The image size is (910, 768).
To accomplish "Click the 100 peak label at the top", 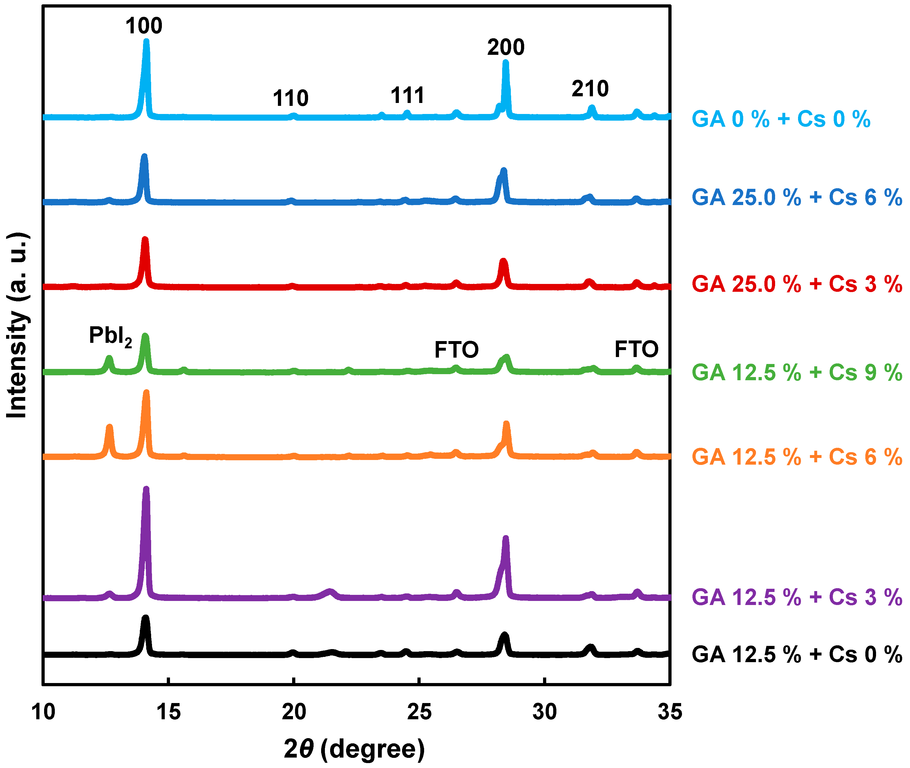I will coord(144,26).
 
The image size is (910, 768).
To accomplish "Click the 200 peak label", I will coord(506,47).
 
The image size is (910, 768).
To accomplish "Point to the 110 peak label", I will coord(290,98).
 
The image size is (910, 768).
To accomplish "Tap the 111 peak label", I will coord(407,95).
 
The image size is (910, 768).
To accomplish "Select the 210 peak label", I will coord(590,89).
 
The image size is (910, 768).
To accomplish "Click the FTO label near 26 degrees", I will coord(456,349).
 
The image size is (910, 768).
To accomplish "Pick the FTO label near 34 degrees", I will coord(636,349).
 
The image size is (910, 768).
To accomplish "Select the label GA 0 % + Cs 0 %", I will coord(781,119).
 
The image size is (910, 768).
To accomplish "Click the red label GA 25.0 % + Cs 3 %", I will coord(796,284).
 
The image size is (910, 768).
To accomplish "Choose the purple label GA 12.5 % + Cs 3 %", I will coord(796,597).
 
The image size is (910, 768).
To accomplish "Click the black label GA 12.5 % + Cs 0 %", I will coord(796,654).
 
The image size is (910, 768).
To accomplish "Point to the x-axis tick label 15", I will coord(169,712).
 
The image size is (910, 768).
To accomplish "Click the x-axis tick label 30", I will coord(544,712).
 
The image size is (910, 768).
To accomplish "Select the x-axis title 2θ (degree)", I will coord(354,749).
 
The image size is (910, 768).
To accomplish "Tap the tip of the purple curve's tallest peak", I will coord(146,489).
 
